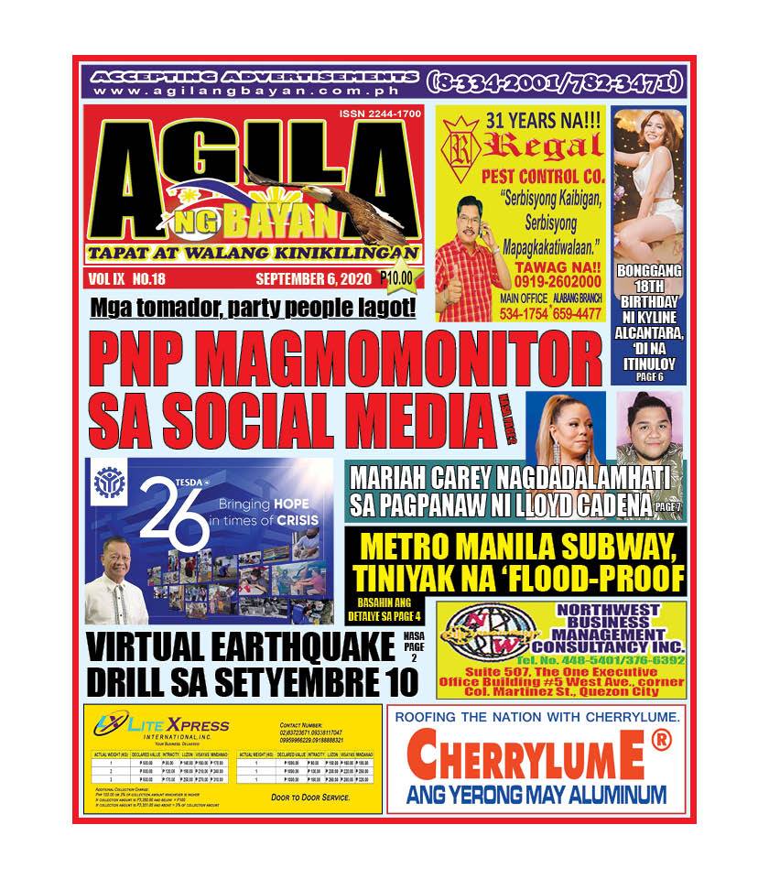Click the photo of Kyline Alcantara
pyautogui.click(x=649, y=179)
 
